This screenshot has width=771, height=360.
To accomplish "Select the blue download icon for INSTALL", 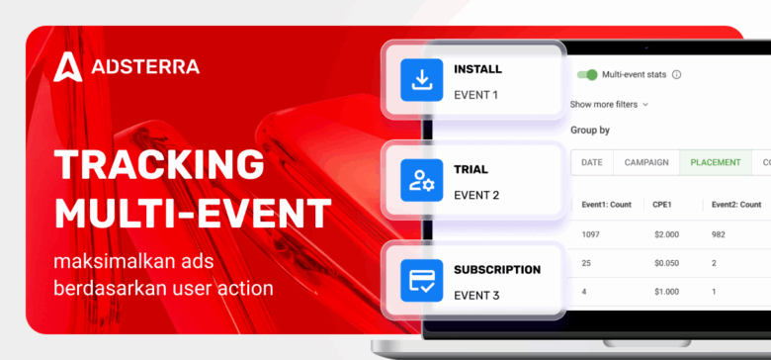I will point(422,80).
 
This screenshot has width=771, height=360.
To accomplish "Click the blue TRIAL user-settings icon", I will point(422,180).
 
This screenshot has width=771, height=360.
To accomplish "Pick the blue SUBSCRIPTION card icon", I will point(422,281).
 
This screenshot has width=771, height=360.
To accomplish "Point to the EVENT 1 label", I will point(476,95).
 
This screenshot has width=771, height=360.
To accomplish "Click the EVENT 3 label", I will point(476,295).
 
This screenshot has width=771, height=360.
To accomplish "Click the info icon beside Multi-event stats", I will point(677,74).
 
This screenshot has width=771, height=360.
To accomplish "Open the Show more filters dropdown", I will point(609,103).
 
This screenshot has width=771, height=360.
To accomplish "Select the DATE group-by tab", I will point(592,162).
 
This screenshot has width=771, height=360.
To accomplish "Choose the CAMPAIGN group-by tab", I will point(646,162).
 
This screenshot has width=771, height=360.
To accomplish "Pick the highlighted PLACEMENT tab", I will point(715,162).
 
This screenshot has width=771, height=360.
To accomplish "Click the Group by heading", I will point(590,130).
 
